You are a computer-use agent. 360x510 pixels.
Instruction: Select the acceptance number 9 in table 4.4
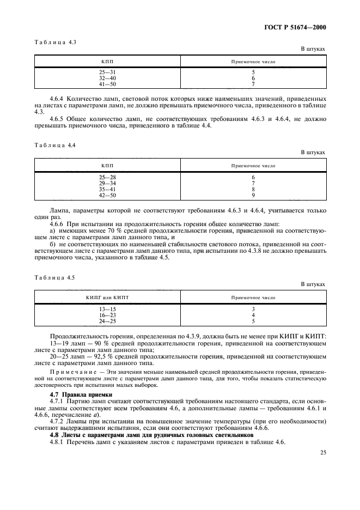point(253,195)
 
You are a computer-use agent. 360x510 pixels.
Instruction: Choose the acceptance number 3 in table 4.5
point(253,309)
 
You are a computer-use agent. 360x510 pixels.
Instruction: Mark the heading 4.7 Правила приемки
point(81,394)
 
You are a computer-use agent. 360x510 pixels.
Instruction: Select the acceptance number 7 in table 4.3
point(253,83)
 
